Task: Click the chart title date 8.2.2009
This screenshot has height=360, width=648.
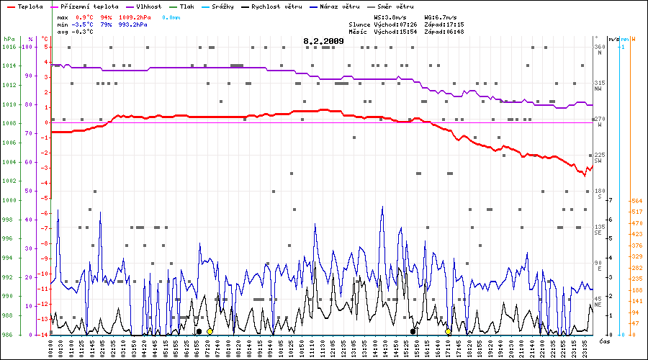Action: click(x=323, y=41)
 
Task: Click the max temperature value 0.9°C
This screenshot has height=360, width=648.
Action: click(x=85, y=16)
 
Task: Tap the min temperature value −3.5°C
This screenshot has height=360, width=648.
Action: click(x=84, y=24)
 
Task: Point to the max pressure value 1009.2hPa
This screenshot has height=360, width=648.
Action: click(x=133, y=16)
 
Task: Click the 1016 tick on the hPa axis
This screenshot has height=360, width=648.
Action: click(x=9, y=47)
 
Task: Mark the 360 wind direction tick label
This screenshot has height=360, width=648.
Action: click(x=599, y=47)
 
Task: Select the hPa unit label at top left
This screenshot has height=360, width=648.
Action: click(x=9, y=38)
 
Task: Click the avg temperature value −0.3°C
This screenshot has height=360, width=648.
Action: click(x=84, y=32)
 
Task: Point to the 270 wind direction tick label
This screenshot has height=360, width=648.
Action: click(x=599, y=119)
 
